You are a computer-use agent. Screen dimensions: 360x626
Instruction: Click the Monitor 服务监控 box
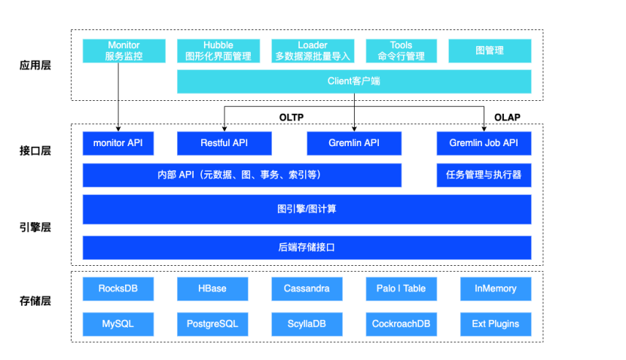[124, 51]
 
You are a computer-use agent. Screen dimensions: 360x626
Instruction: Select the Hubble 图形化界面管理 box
[218, 51]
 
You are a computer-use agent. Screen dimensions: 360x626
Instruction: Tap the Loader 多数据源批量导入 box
[312, 51]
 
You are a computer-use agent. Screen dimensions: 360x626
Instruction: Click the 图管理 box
[490, 51]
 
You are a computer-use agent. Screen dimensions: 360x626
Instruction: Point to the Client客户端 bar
[354, 81]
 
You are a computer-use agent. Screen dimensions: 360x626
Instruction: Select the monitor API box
[124, 143]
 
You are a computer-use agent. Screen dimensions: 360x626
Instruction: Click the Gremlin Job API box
[484, 143]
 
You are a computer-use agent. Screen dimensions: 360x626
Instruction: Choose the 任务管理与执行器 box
[484, 175]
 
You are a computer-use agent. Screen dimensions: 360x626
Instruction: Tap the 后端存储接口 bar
[307, 247]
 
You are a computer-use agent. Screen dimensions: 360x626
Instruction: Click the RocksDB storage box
[118, 288]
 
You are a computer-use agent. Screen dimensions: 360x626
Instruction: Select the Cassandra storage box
[307, 288]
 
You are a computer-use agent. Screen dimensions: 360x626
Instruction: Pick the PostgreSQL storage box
[212, 324]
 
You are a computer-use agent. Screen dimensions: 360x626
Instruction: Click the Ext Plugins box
[495, 324]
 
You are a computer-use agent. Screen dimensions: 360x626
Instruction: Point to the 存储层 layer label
[35, 302]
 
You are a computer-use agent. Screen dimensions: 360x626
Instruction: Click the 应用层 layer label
[35, 66]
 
